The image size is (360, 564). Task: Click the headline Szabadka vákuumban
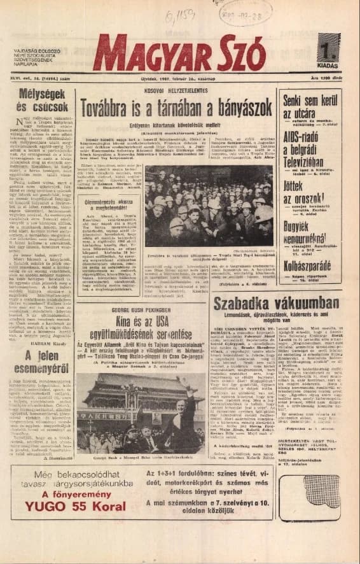(x=276, y=304)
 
